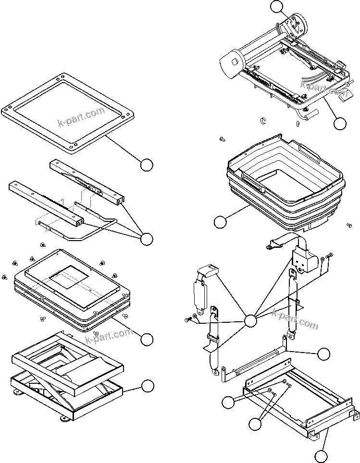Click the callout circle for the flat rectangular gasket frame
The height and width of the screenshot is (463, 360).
click(147, 164)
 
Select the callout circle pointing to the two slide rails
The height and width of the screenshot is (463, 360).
click(147, 238)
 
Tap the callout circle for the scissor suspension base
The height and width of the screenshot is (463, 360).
click(148, 386)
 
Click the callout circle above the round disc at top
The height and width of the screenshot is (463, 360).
click(277, 6)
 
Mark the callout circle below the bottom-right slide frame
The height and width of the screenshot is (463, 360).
click(322, 455)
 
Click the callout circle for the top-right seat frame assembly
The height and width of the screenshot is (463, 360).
click(340, 123)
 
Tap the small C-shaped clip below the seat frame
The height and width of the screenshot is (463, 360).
click(263, 119)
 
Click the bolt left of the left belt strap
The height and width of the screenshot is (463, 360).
click(187, 319)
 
